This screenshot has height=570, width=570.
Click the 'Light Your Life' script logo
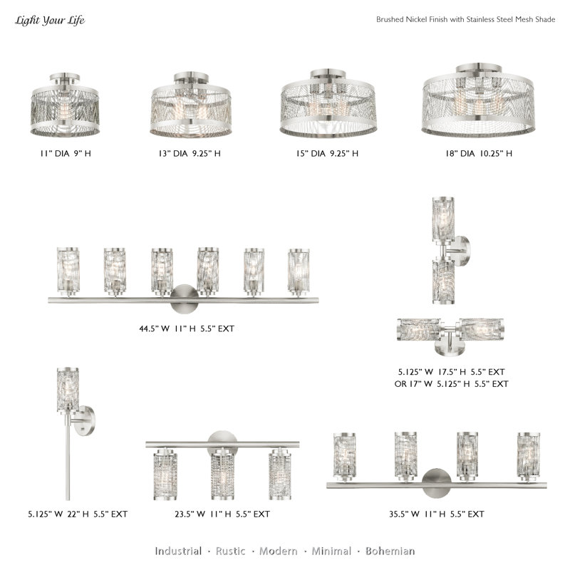pyautogui.click(x=50, y=21)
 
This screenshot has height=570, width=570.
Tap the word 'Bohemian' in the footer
pyautogui.click(x=390, y=551)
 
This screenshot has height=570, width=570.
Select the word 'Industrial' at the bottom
pyautogui.click(x=178, y=551)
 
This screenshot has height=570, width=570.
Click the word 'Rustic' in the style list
pyautogui.click(x=230, y=551)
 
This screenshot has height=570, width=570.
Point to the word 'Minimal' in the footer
pyautogui.click(x=331, y=551)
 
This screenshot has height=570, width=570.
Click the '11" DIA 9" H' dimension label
pyautogui.click(x=66, y=153)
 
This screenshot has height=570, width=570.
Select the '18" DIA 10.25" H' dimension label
pyautogui.click(x=479, y=153)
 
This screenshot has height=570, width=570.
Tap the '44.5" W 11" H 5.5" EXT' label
pyautogui.click(x=187, y=328)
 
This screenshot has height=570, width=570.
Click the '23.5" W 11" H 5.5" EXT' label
pyautogui.click(x=222, y=514)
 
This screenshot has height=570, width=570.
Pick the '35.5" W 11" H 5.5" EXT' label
pyautogui.click(x=437, y=514)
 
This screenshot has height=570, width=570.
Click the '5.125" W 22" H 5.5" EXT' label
pyautogui.click(x=78, y=514)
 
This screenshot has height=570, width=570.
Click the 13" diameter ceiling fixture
pyautogui.click(x=191, y=105)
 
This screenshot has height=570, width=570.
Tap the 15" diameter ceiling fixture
pyautogui.click(x=328, y=103)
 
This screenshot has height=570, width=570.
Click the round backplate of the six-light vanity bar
pyautogui.click(x=185, y=299)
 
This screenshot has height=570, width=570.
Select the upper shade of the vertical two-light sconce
pyautogui.click(x=443, y=219)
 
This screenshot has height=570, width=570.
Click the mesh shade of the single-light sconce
pyautogui.click(x=68, y=389)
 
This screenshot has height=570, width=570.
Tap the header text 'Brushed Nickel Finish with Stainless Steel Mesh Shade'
pyautogui.click(x=466, y=20)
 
